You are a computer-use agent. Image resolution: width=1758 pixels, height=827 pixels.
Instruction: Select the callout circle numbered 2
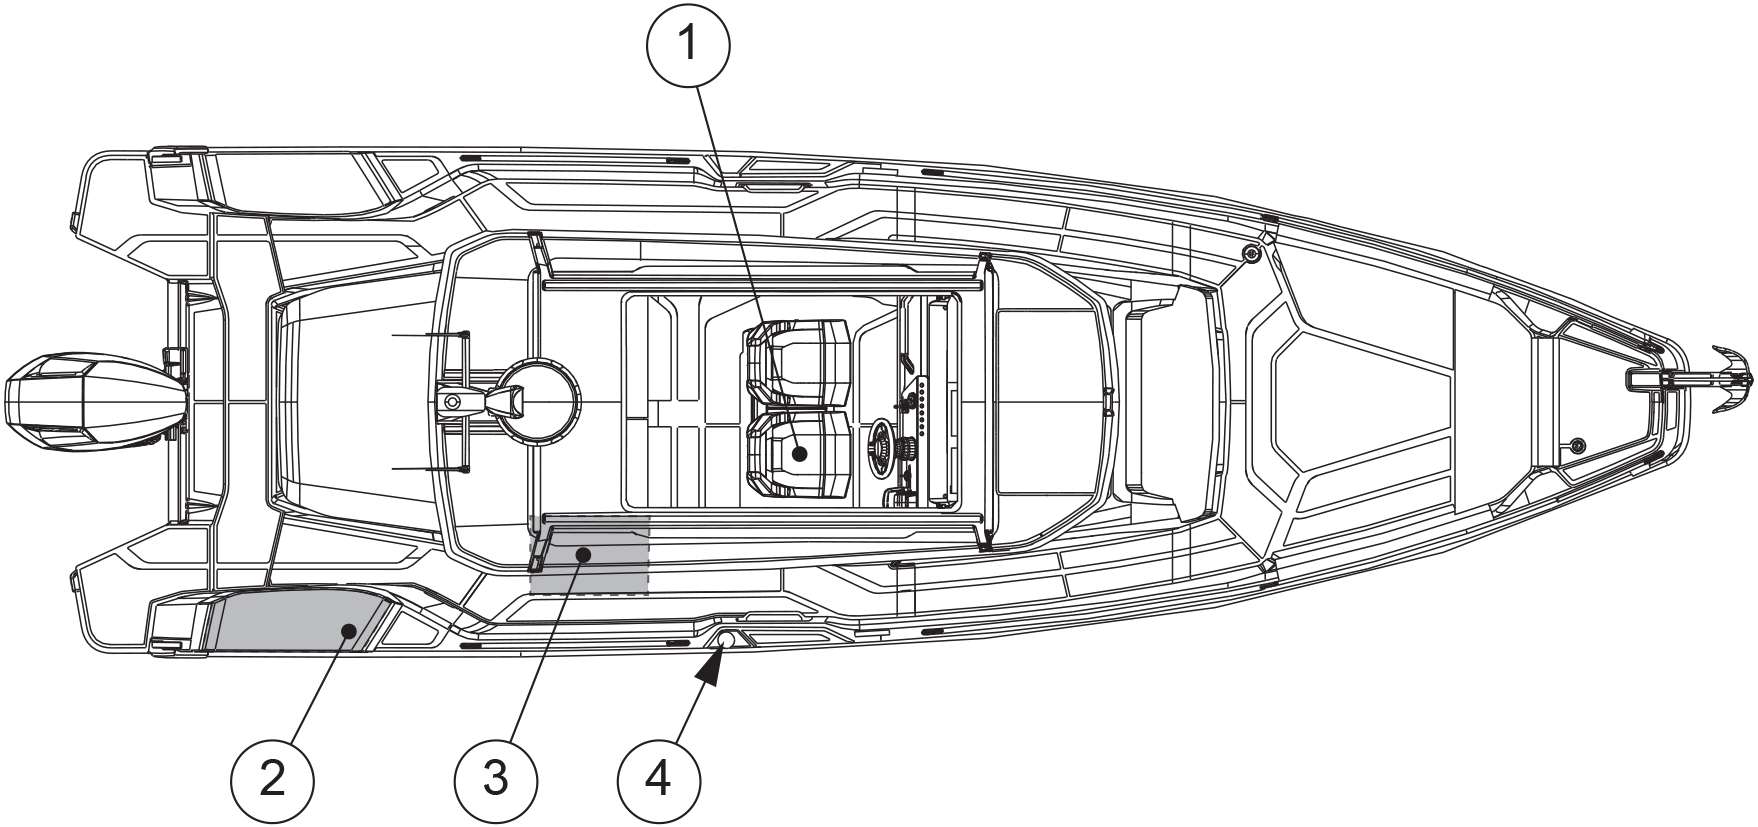pos(271,778)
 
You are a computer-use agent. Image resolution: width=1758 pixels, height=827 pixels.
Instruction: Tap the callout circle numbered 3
pos(495,778)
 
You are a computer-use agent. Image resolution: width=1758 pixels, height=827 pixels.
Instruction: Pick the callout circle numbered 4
pos(659,778)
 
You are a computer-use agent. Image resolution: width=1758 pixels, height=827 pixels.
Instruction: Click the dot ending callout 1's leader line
pos(799,453)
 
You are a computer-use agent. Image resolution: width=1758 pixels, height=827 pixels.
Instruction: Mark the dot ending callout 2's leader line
pos(348,629)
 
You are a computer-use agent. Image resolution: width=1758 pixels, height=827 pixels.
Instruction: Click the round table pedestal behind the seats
pos(540,397)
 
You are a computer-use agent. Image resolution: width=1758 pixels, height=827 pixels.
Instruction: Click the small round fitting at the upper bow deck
pos(1250,254)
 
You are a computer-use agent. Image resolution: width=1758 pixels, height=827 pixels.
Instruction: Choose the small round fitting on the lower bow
pos(1577,444)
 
